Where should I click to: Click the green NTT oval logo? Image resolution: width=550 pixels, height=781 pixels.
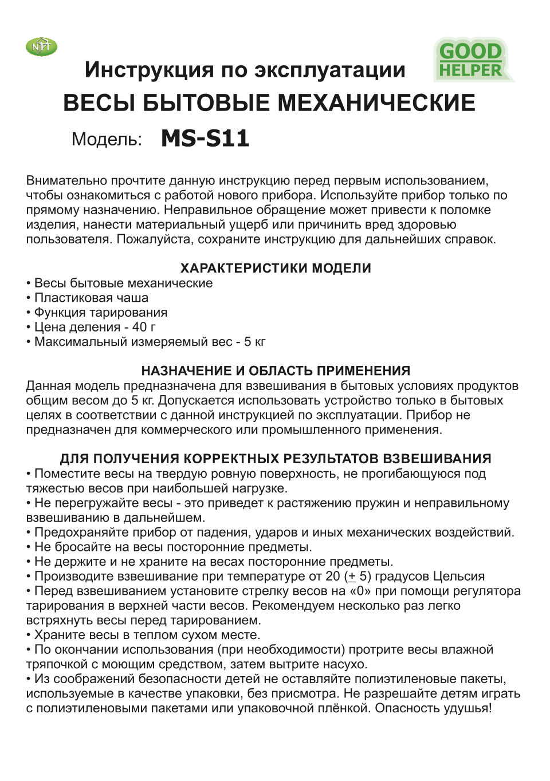[41, 47]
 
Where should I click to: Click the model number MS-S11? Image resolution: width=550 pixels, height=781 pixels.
[205, 139]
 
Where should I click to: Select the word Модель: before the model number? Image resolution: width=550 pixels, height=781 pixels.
[107, 140]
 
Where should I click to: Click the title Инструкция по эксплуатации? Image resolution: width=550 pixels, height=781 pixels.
[245, 70]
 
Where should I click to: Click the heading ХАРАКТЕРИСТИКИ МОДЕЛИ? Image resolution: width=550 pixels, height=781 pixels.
[276, 268]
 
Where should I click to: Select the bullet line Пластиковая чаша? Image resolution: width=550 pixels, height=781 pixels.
[91, 298]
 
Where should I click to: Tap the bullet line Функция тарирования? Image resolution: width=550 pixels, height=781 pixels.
[100, 313]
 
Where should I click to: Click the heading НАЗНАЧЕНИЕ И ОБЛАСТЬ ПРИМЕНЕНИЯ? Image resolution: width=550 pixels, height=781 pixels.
[276, 370]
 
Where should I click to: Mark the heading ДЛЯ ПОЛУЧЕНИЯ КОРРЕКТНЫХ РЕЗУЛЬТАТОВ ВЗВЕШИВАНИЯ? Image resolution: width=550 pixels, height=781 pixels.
[276, 459]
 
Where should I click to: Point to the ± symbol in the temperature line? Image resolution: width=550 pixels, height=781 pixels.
[352, 577]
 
